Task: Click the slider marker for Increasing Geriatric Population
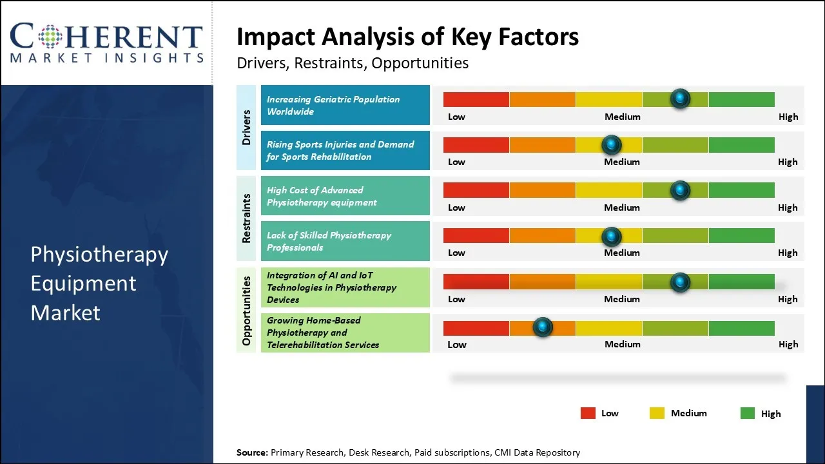click(680, 99)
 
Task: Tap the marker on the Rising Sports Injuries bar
click(611, 144)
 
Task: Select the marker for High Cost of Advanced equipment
click(680, 190)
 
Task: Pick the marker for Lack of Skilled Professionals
click(611, 237)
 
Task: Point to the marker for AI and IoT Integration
click(680, 282)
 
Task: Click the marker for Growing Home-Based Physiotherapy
click(543, 327)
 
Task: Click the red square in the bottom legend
click(588, 413)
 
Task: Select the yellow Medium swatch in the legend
click(657, 413)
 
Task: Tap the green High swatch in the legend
click(748, 413)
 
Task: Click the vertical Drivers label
click(246, 127)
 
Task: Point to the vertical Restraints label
click(246, 218)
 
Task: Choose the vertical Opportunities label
click(246, 310)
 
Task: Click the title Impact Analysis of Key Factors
click(407, 37)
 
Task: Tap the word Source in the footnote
click(251, 452)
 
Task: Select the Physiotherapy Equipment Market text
click(99, 284)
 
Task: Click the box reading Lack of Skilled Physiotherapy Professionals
click(345, 241)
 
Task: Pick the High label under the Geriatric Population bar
click(788, 117)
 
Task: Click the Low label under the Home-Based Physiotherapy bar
click(456, 344)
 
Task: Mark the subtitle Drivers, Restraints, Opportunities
click(353, 63)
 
